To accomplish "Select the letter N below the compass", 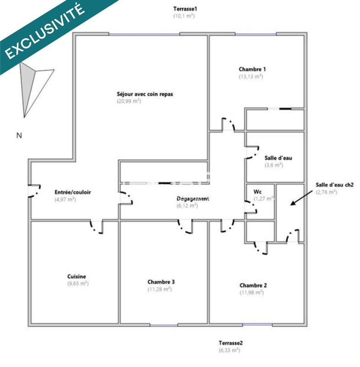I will [x=19, y=135].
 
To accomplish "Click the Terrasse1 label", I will [x=185, y=9].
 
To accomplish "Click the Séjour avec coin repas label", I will [x=145, y=95].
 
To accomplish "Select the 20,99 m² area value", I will [x=129, y=101].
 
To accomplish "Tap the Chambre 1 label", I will [x=252, y=70].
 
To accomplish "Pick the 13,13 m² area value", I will [x=251, y=77].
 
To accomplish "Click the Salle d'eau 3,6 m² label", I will [x=278, y=158].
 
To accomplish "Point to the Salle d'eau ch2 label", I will [x=334, y=185].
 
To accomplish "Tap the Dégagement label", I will [x=193, y=199].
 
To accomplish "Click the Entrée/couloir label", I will [x=72, y=192].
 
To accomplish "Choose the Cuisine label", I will [x=76, y=277].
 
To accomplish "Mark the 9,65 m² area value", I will [x=77, y=284].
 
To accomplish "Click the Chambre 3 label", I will [x=161, y=282].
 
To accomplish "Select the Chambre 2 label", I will [x=253, y=285].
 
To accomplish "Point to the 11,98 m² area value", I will [x=251, y=292].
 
